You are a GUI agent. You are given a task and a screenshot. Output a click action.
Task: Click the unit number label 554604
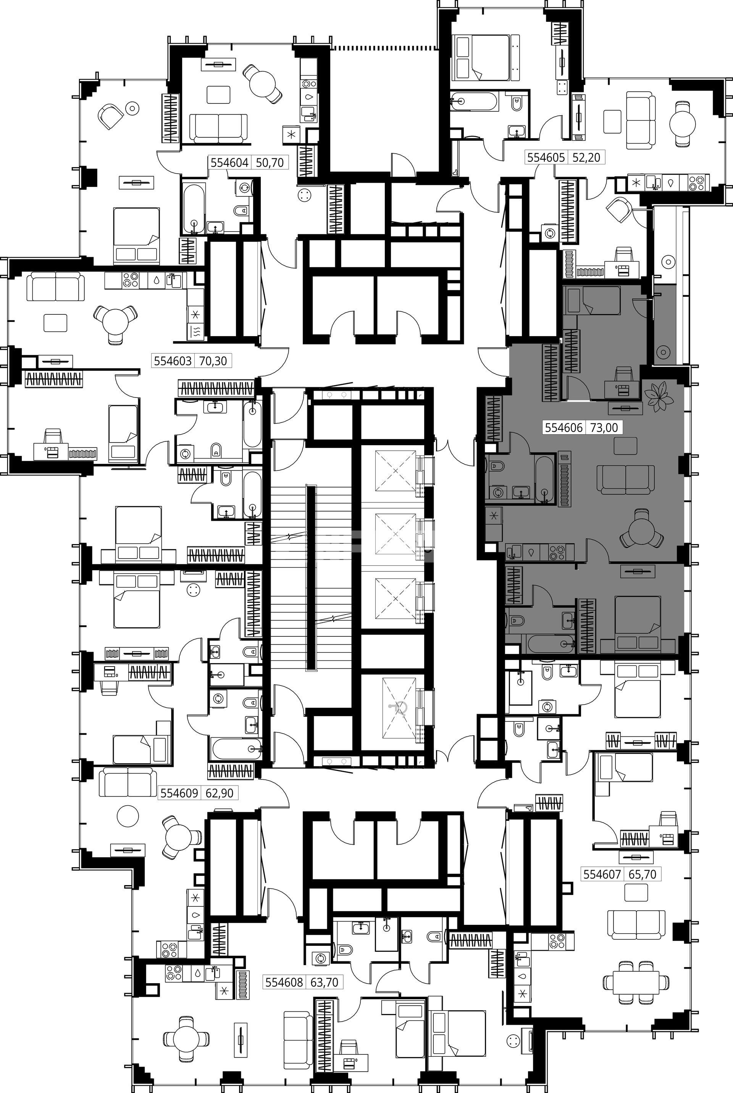[x=229, y=163]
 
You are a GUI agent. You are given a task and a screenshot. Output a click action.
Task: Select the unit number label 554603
[x=173, y=361]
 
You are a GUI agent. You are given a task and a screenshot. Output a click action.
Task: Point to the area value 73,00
[x=604, y=427]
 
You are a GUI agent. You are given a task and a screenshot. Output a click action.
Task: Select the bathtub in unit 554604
[x=194, y=209]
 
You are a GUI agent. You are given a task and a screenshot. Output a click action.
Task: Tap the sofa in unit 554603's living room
[x=56, y=287]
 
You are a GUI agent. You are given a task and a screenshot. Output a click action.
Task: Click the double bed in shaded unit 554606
[x=638, y=623]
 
